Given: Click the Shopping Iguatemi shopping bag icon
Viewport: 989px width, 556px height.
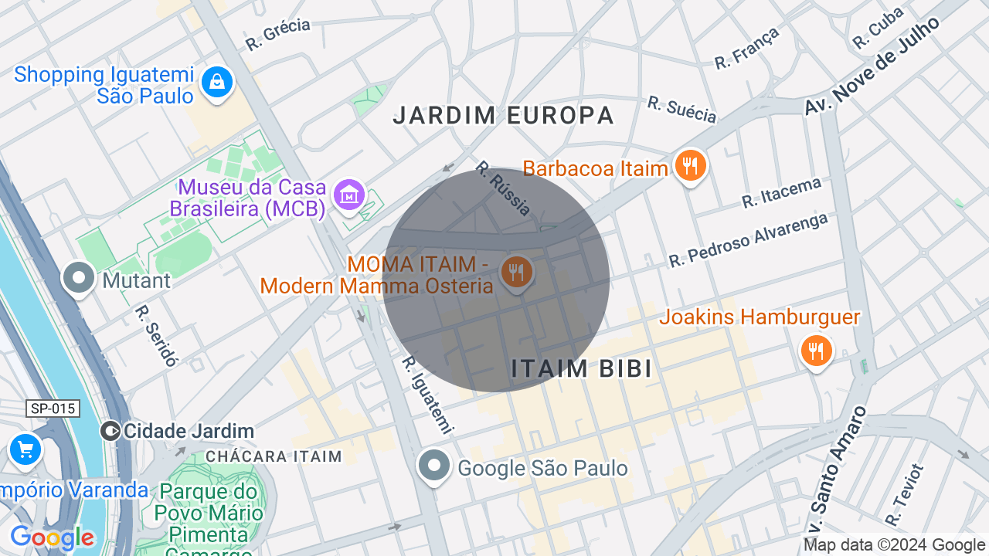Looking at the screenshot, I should tap(217, 82).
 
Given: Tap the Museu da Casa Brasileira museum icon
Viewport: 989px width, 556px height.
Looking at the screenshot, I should tap(348, 195).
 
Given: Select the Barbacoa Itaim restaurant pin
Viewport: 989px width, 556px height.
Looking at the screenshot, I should tap(690, 166).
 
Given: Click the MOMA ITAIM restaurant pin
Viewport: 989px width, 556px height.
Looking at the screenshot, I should tap(517, 273).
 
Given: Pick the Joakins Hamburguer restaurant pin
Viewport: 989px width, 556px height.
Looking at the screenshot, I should tap(815, 351).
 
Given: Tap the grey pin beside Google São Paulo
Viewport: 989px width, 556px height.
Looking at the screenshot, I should tap(434, 466).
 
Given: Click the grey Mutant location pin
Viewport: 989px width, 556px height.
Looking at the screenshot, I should tap(79, 279).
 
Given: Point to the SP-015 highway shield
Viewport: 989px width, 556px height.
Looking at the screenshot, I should tap(53, 409).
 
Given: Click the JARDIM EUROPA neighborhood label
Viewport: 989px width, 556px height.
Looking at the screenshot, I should tap(503, 116).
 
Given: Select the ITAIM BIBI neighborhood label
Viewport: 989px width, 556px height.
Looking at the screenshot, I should tap(581, 368).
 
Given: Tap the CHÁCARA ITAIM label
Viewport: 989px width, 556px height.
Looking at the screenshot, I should tap(274, 456).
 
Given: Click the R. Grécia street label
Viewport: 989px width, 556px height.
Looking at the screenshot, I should tap(278, 35).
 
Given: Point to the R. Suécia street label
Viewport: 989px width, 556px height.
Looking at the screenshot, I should tap(681, 110).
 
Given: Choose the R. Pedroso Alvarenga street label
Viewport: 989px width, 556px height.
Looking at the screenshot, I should tap(748, 239).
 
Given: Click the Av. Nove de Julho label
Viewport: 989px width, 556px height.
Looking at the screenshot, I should tap(872, 66).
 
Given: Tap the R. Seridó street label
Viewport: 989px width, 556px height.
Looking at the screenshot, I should tap(156, 335).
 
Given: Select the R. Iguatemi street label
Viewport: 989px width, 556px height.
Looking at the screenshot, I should tap(427, 395).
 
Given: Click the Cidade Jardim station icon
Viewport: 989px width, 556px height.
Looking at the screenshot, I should tap(110, 431).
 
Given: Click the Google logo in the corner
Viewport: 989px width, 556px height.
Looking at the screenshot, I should tap(53, 537).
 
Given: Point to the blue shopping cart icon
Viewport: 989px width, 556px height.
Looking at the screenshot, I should tap(25, 449).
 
